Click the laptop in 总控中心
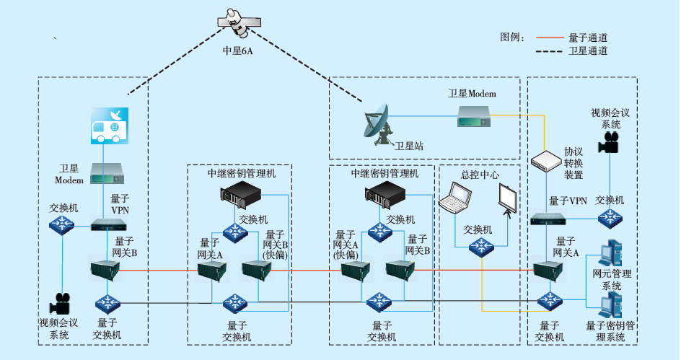click(x=458, y=198)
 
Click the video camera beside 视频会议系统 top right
click(x=610, y=142)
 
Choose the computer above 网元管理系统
click(x=610, y=252)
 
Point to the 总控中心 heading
click(x=480, y=175)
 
